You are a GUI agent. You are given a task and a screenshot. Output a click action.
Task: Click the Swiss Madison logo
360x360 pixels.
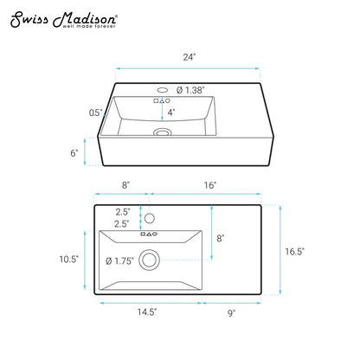[63, 20]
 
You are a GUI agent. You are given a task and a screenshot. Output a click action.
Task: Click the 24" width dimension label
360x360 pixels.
[190, 57]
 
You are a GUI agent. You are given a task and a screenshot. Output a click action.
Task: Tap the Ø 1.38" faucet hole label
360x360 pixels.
[190, 90]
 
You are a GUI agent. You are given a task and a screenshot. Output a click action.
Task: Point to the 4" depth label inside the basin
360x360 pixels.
[171, 112]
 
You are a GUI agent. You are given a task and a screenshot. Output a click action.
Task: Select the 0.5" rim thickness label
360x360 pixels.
[96, 112]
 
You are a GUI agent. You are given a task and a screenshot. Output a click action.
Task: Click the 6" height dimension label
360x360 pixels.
[74, 153]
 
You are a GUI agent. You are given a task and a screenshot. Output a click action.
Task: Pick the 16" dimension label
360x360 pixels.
[210, 185]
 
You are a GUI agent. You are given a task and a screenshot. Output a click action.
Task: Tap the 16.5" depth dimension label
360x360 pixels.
[294, 252]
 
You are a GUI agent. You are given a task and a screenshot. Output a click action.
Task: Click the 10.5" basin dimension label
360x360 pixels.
[69, 259]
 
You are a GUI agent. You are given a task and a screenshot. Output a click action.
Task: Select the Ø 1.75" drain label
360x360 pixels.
[119, 261]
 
